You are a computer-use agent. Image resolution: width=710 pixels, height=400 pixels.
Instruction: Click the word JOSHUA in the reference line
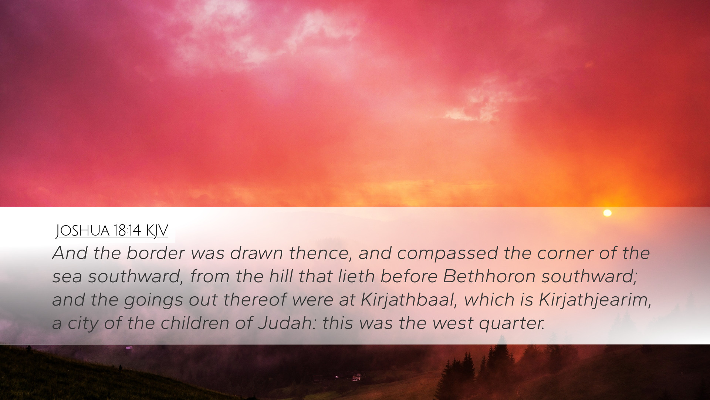pos(82,230)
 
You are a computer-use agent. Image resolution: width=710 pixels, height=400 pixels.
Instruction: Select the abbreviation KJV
pos(157,230)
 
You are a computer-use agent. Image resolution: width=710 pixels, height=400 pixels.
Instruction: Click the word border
pos(155,253)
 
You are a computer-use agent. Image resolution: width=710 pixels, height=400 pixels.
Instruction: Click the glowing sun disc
pos(607,213)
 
